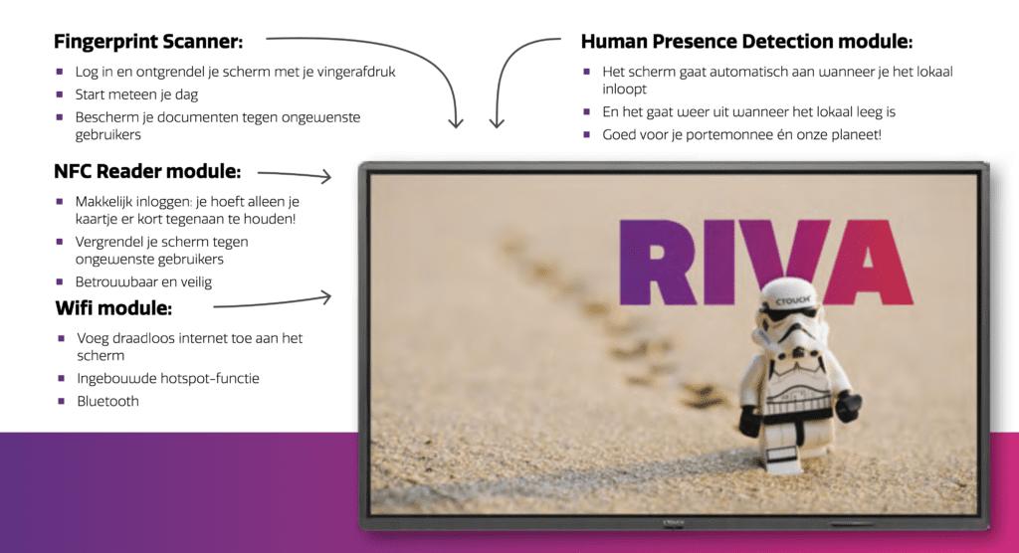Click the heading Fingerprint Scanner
[148, 42]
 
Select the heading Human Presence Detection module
[746, 42]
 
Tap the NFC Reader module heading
[147, 171]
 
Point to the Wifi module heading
[113, 308]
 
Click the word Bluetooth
[107, 401]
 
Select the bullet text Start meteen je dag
[136, 94]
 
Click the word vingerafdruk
[356, 73]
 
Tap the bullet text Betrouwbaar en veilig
[143, 282]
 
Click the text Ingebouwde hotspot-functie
[167, 378]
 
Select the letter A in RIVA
[868, 263]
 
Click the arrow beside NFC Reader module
[295, 174]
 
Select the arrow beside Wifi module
[273, 302]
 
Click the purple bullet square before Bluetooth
[61, 401]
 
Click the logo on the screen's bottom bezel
[673, 522]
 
